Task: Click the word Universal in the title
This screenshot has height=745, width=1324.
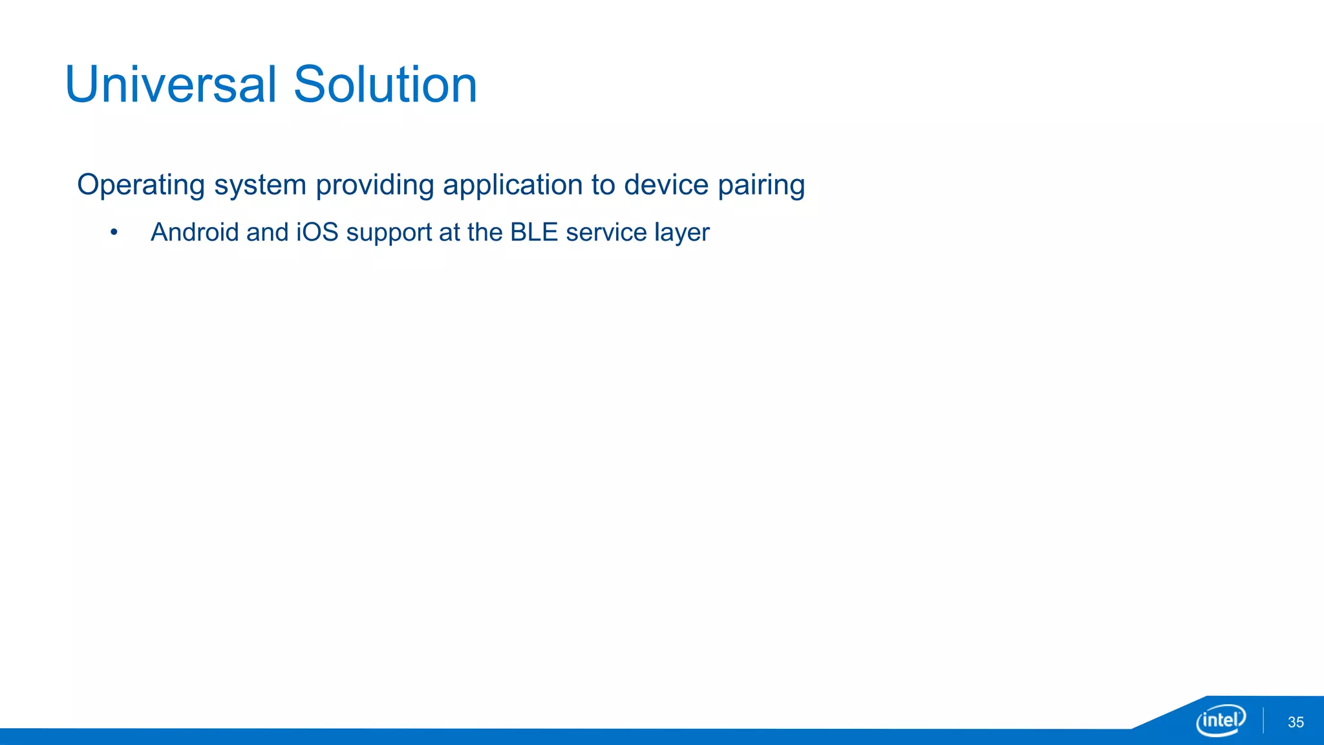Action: point(171,85)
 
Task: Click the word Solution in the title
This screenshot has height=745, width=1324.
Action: point(385,85)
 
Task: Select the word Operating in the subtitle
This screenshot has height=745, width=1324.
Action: point(141,186)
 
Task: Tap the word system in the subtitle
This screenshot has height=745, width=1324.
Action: point(260,186)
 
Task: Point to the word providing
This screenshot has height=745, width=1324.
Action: point(375,186)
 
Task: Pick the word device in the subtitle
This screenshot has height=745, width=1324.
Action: point(666,184)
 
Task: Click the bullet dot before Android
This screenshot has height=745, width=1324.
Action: point(114,233)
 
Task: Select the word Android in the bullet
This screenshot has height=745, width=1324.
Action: point(195,232)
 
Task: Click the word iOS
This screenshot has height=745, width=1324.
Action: point(317,232)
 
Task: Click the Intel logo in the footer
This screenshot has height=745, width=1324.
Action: point(1221,720)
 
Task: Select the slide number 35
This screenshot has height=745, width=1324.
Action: point(1296,722)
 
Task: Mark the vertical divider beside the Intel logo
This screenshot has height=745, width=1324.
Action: point(1263,720)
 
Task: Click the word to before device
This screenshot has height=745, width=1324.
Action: point(603,185)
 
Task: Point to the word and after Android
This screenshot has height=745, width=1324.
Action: point(267,232)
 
